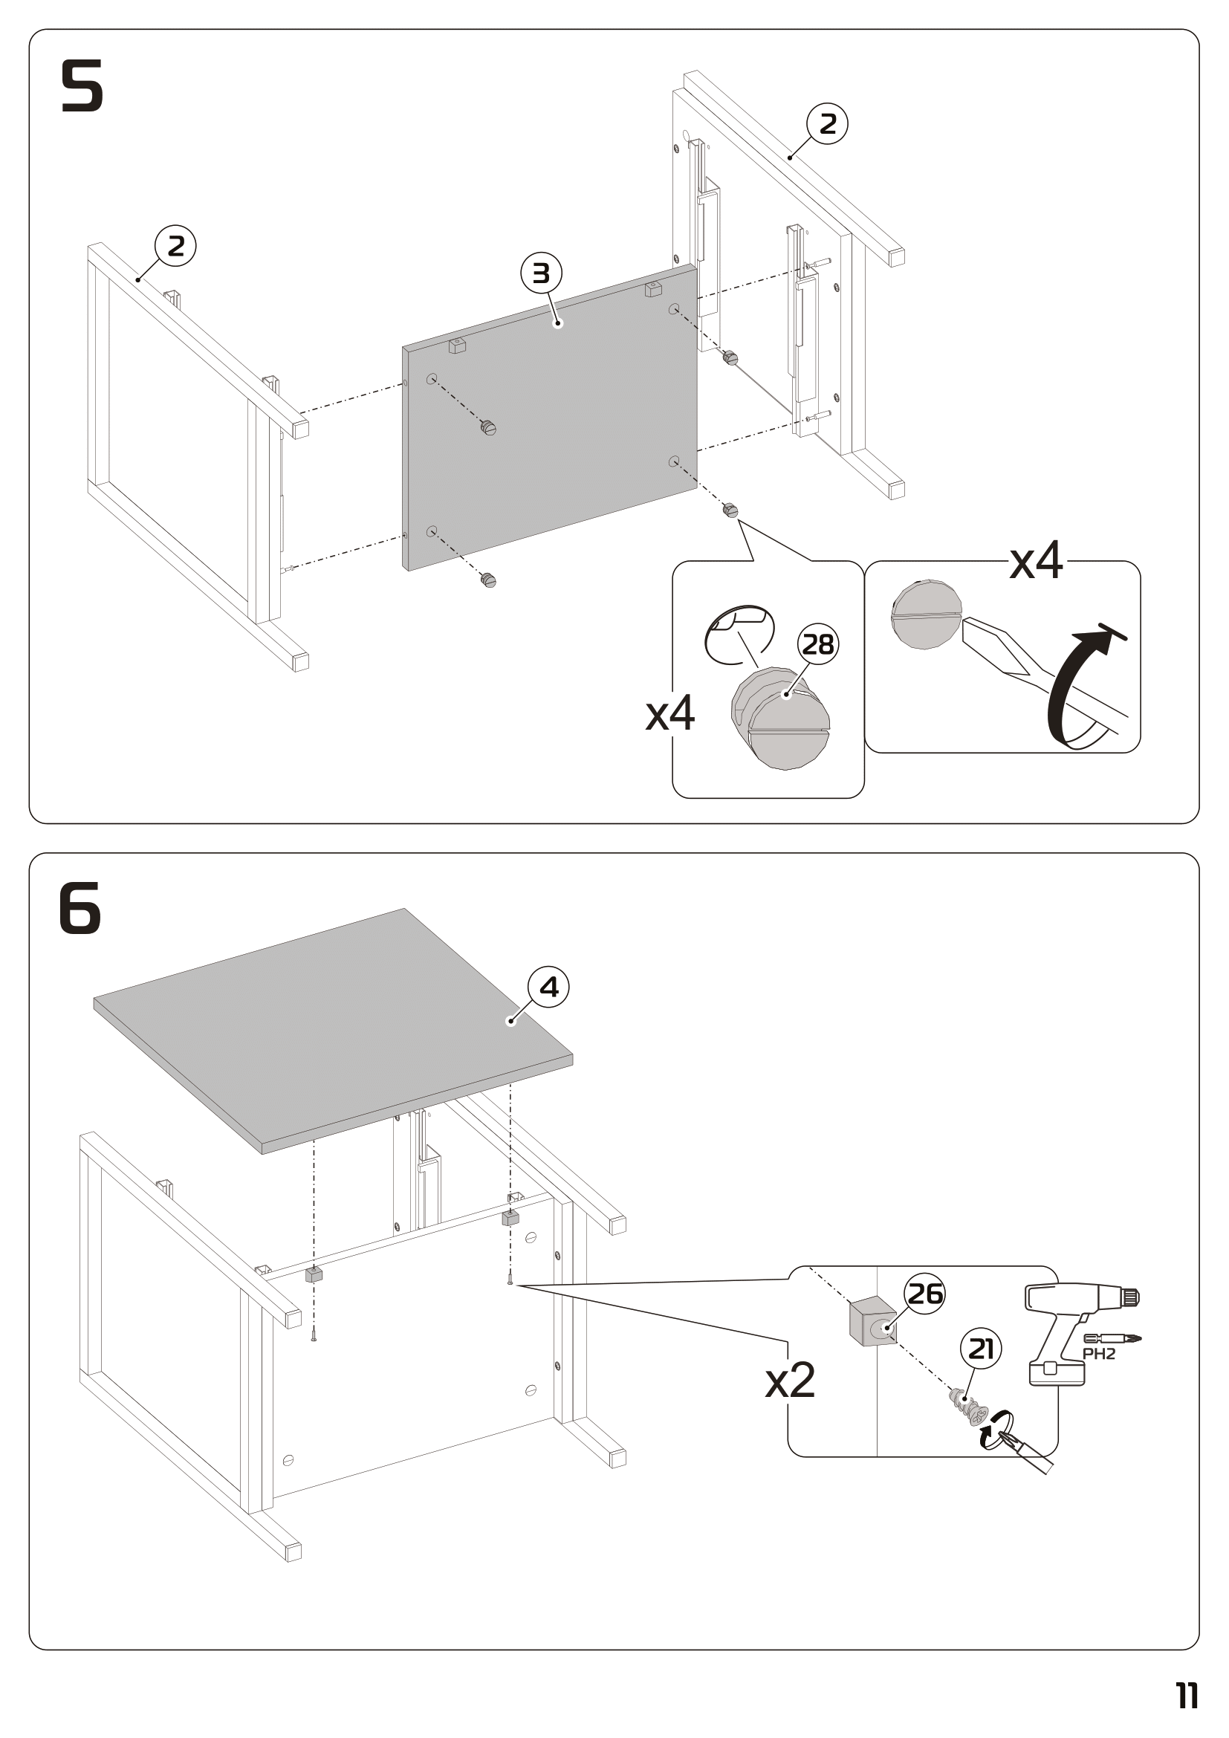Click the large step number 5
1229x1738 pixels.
pyautogui.click(x=82, y=88)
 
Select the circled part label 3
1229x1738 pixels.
pyautogui.click(x=541, y=272)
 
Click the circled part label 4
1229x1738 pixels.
pyautogui.click(x=548, y=987)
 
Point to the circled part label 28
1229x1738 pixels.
pyautogui.click(x=818, y=644)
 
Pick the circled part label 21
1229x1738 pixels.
pyautogui.click(x=981, y=1348)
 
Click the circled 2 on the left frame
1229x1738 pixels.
pyautogui.click(x=175, y=246)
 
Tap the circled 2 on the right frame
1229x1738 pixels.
pyautogui.click(x=828, y=123)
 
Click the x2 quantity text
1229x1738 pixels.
pyautogui.click(x=790, y=1379)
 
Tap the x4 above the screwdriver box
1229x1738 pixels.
pyautogui.click(x=1036, y=562)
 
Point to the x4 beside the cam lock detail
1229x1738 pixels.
pyautogui.click(x=669, y=713)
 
